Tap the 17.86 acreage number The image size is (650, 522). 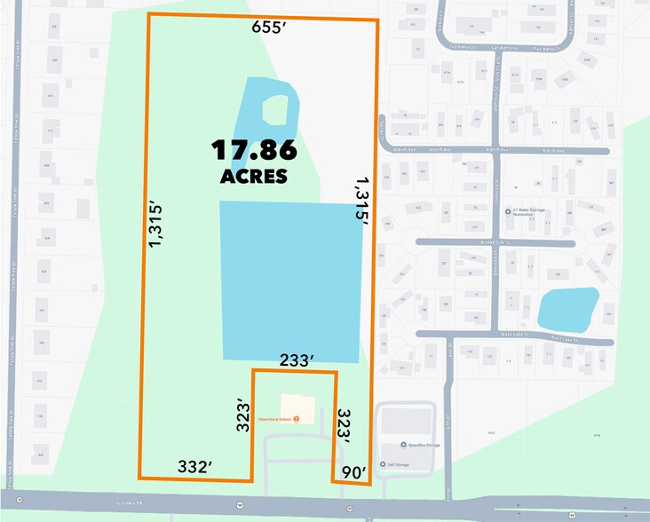tap(253, 150)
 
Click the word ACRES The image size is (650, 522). tap(253, 176)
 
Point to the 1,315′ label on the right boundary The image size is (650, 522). tap(360, 202)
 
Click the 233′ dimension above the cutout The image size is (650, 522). tap(296, 360)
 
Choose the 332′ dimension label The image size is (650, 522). tap(194, 465)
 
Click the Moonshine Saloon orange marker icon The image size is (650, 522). tap(297, 418)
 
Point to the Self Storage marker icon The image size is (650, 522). tap(381, 463)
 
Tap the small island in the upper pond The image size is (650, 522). tap(275, 109)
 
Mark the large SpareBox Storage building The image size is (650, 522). tap(406, 422)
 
